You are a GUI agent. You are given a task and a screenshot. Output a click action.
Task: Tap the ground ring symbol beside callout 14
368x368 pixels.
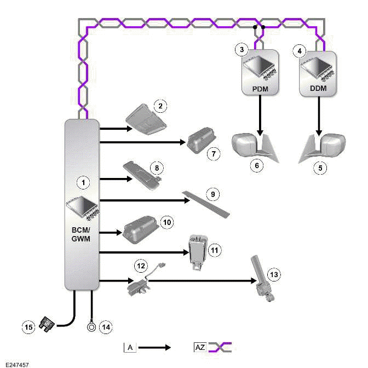point(91,327)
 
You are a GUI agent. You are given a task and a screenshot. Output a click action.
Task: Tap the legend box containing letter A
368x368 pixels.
point(130,347)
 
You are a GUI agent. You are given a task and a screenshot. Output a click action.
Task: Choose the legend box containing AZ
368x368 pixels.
point(199,347)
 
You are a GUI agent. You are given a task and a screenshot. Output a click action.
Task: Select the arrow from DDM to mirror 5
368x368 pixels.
point(319,116)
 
